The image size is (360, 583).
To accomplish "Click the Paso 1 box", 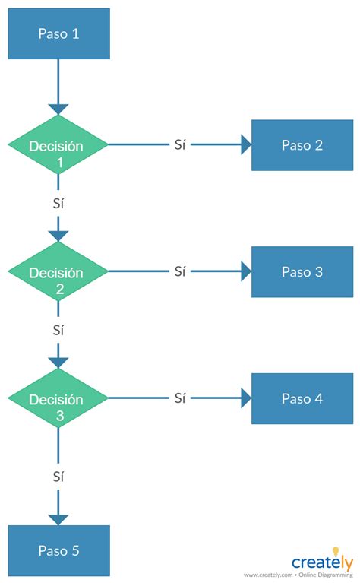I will pos(58,33).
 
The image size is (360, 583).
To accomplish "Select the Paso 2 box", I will pos(302,145).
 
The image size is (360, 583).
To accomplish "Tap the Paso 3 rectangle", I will pos(302,271).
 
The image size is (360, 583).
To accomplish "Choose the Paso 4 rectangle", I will pos(302,398).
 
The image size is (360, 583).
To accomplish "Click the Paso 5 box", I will pos(58,550).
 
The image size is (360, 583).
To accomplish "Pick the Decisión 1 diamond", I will pos(58,145).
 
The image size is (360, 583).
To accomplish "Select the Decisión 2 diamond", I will pos(58,271).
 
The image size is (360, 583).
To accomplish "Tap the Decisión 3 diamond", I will pos(58,398).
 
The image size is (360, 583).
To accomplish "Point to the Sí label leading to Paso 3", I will pos(179,271).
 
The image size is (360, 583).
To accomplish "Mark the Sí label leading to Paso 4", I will pos(179,398).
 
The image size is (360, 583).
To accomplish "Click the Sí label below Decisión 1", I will pos(58,204).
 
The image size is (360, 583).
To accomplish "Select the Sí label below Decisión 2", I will pos(58,331).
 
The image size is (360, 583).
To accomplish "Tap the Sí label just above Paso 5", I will pos(58,477).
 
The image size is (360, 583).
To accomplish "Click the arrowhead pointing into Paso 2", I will pos(245,145).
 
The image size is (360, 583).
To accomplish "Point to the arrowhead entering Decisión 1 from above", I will pos(58,109).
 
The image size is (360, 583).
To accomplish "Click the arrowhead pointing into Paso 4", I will pos(245,398).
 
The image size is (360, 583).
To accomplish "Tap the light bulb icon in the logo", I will pos(335,550).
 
